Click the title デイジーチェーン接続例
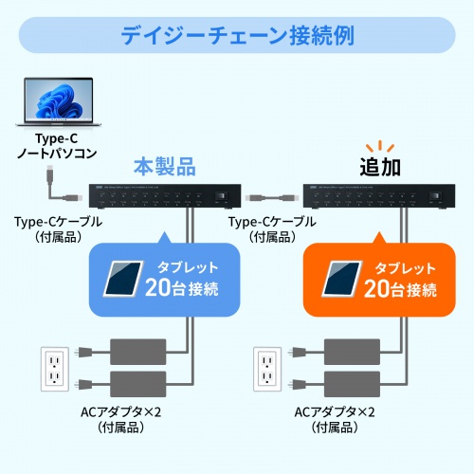tap(237, 37)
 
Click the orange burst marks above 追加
tap(381, 145)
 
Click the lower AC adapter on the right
tap(354, 384)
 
